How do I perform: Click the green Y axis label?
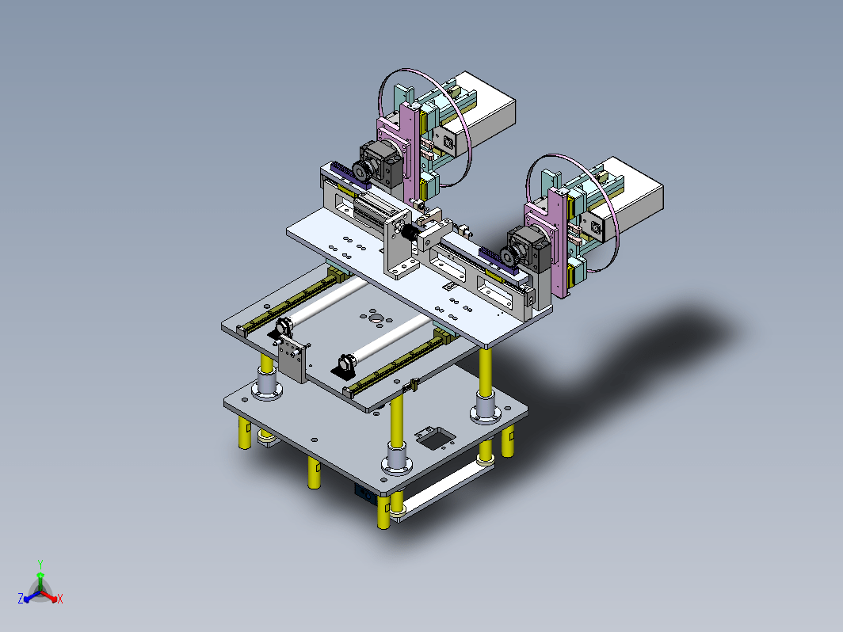coord(40,564)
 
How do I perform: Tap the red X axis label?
coord(59,599)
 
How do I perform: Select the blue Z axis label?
coord(21,598)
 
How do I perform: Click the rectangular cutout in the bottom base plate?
coord(436,438)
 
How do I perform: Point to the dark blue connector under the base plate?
coord(364,493)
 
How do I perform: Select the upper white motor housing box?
coord(479,112)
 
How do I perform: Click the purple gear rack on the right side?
coord(498,262)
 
